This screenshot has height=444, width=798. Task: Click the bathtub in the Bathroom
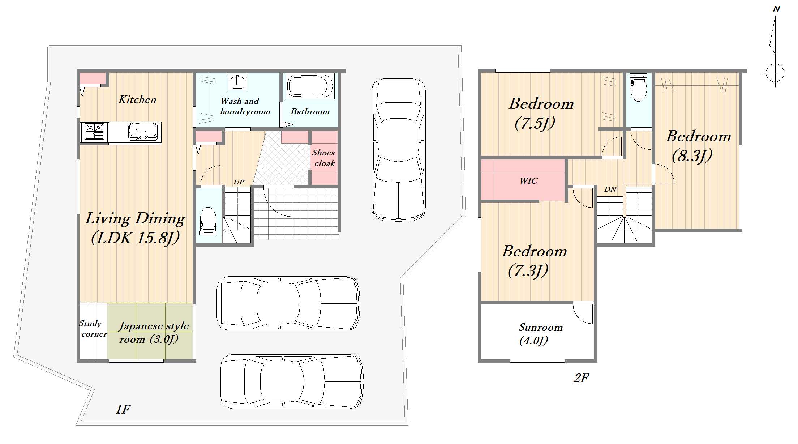310,86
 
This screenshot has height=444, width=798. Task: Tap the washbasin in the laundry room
237,82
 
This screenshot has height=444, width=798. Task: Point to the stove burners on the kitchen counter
94,131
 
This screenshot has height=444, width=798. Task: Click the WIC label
528,181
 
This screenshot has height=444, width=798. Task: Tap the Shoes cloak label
324,158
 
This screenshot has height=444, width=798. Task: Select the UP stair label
239,182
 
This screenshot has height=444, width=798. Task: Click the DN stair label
610,189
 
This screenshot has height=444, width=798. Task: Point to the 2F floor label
581,378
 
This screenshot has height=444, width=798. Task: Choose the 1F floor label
123,409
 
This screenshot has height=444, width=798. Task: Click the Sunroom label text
541,327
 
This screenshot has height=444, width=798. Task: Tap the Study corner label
93,329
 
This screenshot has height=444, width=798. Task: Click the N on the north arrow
776,9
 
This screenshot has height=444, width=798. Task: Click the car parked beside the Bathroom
399,150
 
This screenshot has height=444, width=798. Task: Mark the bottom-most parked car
292,381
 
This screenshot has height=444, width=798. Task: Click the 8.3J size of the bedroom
692,155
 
